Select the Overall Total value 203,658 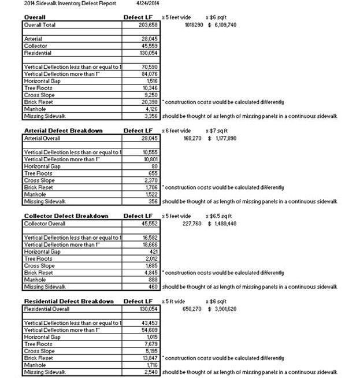coord(147,25)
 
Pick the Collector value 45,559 coord(148,46)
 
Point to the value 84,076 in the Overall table coord(148,73)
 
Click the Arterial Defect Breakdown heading coord(63,131)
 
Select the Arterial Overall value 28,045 coord(148,139)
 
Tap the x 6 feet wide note coord(176,131)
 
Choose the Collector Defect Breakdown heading coord(66,216)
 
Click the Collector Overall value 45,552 coord(148,224)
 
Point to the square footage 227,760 coord(192,224)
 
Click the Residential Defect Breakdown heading coord(69,301)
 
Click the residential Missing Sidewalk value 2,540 coord(150,372)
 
